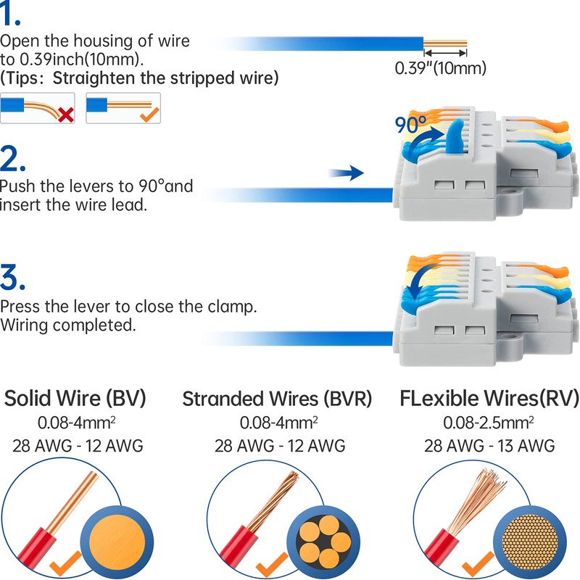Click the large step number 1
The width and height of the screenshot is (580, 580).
pos(13,15)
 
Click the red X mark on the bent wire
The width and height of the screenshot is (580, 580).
pos(66,114)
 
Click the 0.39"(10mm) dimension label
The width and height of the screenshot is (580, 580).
pos(440,68)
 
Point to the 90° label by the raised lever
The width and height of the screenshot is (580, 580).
pos(411,125)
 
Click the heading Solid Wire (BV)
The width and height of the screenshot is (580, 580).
pos(75,399)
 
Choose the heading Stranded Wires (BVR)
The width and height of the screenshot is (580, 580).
pos(277,399)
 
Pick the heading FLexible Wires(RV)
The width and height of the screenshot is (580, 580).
pos(489,399)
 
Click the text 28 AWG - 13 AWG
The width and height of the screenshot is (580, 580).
pos(490,445)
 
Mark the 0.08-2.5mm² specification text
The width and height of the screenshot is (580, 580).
pos(490,422)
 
